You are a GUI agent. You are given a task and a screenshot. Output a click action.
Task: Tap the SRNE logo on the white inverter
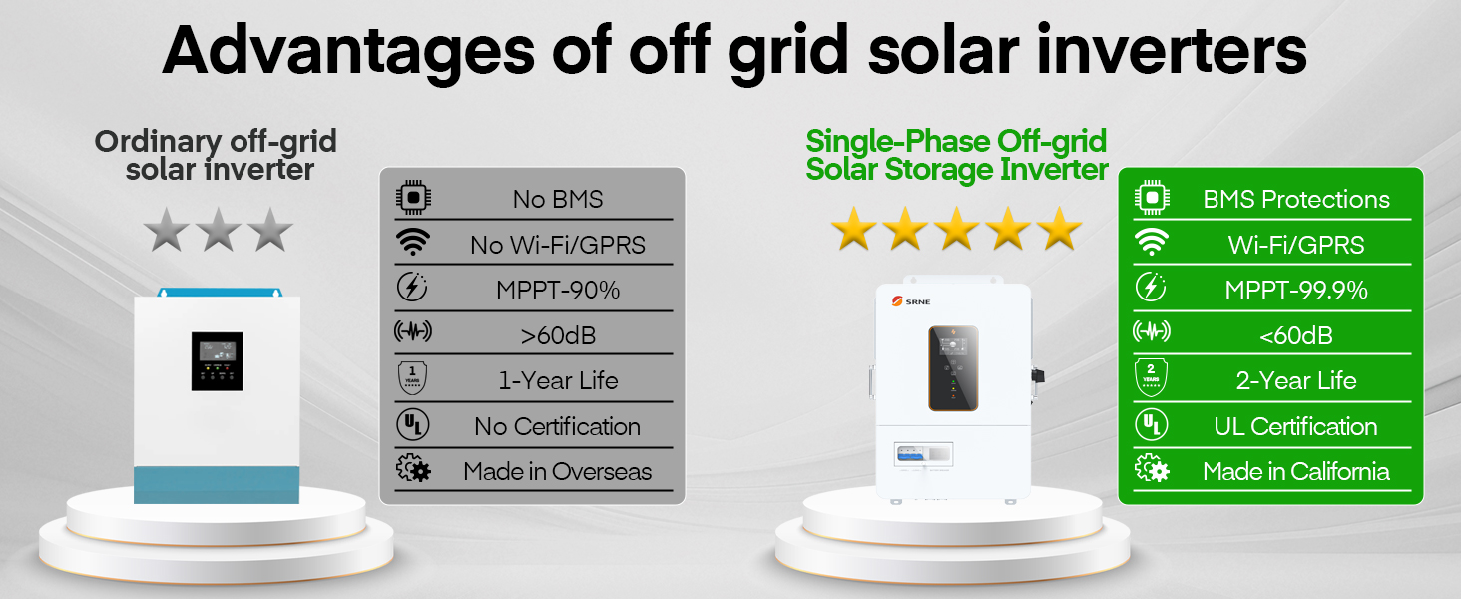pos(911,301)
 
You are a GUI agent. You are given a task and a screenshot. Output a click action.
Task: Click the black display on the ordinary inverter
pos(217,361)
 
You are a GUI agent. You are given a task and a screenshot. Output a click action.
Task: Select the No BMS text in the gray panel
pos(558,199)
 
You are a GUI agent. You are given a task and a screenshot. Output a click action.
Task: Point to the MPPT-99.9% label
pos(1296,290)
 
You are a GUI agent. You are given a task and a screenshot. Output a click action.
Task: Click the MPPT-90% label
pos(558,290)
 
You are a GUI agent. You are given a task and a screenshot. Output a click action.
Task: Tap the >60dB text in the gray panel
pos(558,336)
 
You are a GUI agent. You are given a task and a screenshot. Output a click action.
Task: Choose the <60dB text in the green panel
pos(1296,336)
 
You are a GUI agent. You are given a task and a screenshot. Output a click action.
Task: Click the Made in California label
pos(1296,472)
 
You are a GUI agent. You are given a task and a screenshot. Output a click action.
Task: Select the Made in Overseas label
pos(558,472)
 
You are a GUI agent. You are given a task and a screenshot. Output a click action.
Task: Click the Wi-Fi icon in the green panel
pos(1152,242)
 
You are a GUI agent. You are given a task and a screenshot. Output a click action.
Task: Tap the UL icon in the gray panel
pos(413,424)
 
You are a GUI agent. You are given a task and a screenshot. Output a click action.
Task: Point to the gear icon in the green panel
pos(1152,468)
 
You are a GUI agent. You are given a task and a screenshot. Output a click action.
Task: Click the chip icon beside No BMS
pos(413,197)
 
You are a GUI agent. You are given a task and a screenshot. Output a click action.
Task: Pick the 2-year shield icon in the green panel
pos(1152,377)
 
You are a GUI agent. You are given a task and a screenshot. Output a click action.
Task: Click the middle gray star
pos(219,230)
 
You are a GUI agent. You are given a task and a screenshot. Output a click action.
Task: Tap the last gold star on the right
pos(1060,229)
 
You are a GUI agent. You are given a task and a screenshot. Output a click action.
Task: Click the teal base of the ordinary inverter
pos(217,485)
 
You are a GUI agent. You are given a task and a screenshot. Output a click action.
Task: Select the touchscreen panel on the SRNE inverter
pos(953,368)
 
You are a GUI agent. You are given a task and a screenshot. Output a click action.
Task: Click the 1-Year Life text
pos(558,381)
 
